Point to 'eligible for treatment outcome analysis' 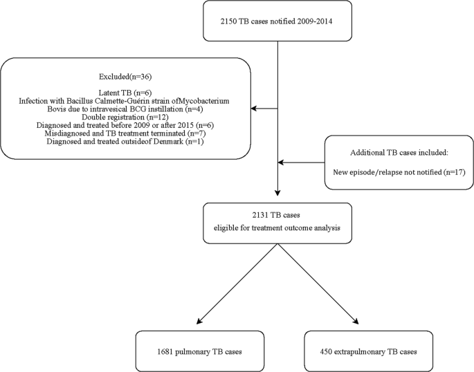277,227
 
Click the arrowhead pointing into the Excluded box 254,109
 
